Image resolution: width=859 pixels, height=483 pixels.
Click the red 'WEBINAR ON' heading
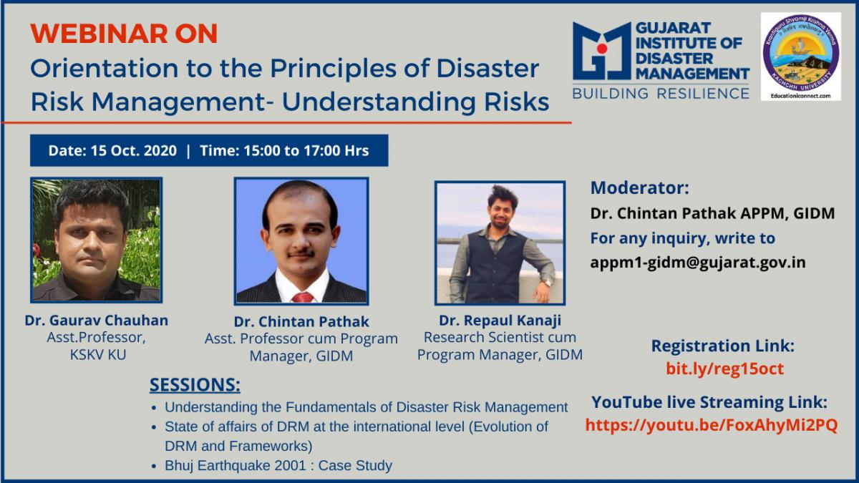pyautogui.click(x=124, y=34)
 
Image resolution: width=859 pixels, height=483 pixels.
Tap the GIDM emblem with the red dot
pyautogui.click(x=602, y=51)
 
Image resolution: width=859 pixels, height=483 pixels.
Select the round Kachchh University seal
pyautogui.click(x=801, y=52)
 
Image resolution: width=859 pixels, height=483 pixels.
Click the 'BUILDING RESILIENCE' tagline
pyautogui.click(x=661, y=94)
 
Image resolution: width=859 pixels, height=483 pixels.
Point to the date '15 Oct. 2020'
pyautogui.click(x=133, y=150)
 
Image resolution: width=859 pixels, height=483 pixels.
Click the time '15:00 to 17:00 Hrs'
pyautogui.click(x=306, y=150)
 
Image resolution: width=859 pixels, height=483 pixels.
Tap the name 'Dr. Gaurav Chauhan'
pyautogui.click(x=96, y=320)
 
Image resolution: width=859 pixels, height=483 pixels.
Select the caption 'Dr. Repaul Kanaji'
pyautogui.click(x=500, y=320)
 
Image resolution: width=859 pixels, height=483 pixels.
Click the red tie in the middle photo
pyautogui.click(x=303, y=298)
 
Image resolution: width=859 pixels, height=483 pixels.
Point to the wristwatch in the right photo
pyautogui.click(x=546, y=283)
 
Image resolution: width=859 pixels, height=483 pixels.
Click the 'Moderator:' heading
pyautogui.click(x=640, y=187)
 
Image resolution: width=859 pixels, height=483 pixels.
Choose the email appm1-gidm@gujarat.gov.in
pyautogui.click(x=698, y=262)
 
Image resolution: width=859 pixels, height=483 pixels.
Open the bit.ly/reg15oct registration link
pyautogui.click(x=724, y=369)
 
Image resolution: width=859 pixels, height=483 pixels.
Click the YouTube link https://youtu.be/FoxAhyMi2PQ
pyautogui.click(x=712, y=425)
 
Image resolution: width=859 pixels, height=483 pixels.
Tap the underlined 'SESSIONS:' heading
pyautogui.click(x=195, y=384)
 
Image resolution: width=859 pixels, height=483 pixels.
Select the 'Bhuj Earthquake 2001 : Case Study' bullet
pyautogui.click(x=278, y=465)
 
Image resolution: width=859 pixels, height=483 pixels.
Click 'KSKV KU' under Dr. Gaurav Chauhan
pyautogui.click(x=98, y=355)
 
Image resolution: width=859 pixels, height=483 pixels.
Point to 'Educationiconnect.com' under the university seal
pyautogui.click(x=801, y=96)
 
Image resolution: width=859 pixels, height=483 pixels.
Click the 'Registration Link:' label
pyautogui.click(x=723, y=346)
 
